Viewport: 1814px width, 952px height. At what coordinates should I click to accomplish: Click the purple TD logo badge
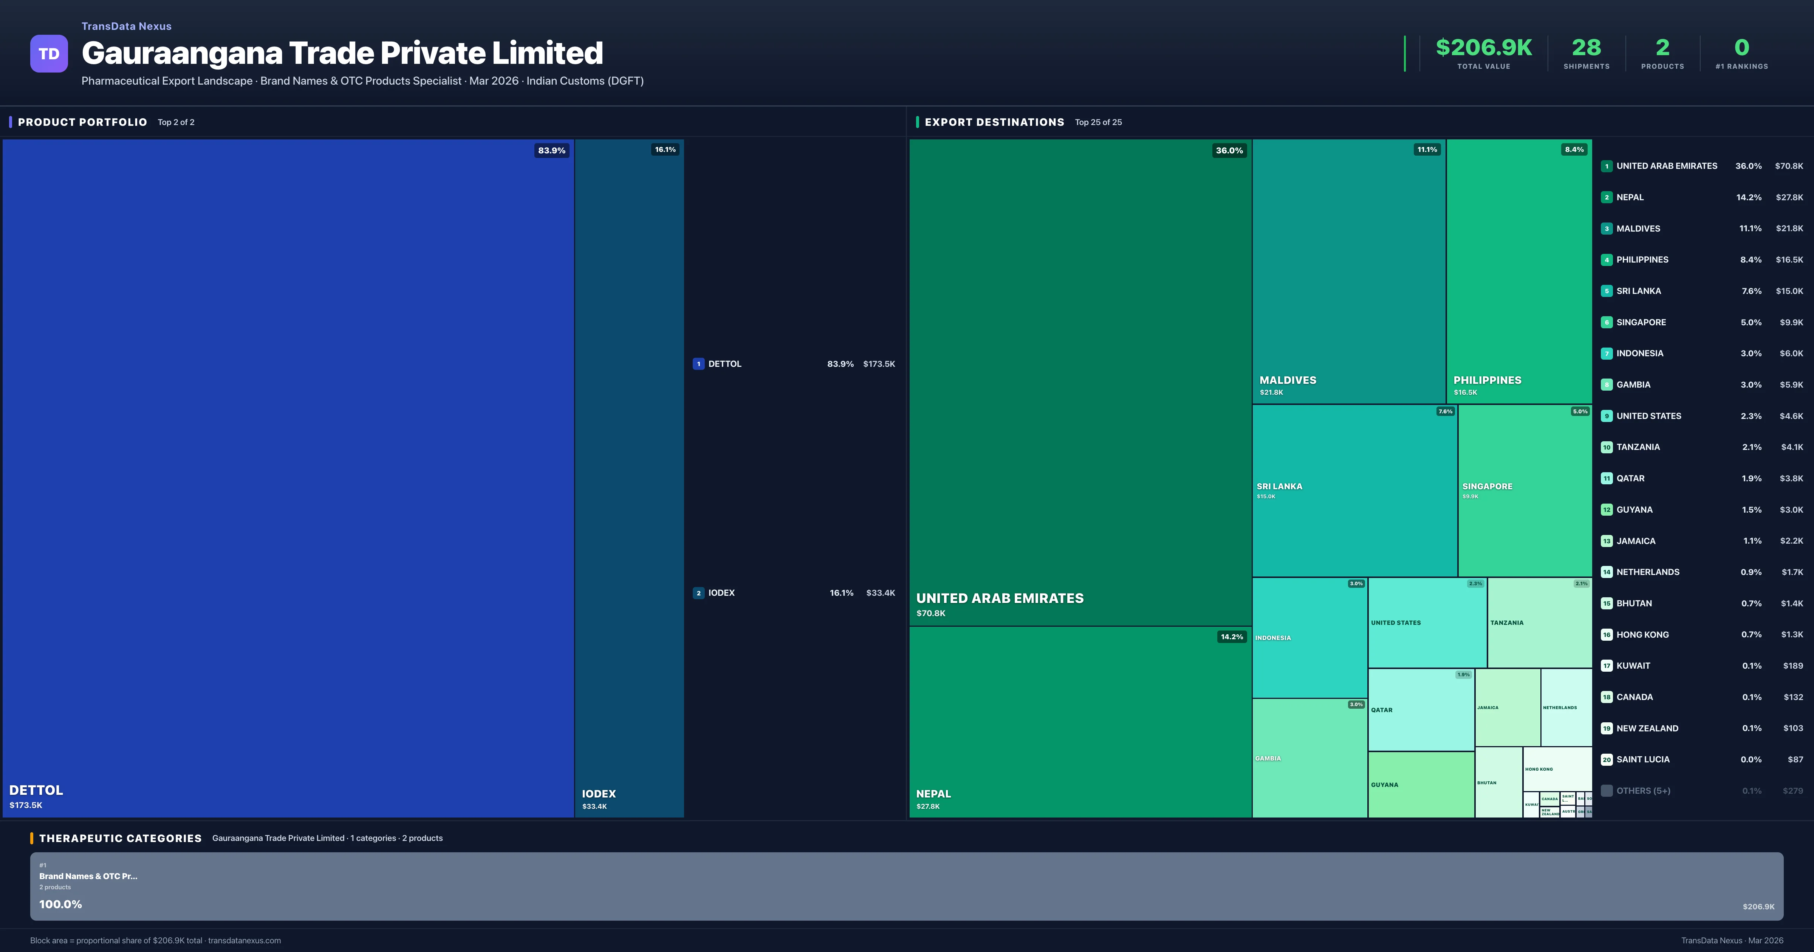(x=49, y=54)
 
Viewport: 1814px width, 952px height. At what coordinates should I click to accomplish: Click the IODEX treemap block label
(x=599, y=794)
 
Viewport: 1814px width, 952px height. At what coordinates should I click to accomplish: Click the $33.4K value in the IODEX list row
(x=880, y=593)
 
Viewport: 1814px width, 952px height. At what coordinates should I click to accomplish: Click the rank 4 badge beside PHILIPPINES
(x=1606, y=260)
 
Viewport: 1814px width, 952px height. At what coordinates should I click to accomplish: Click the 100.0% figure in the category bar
(x=60, y=904)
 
